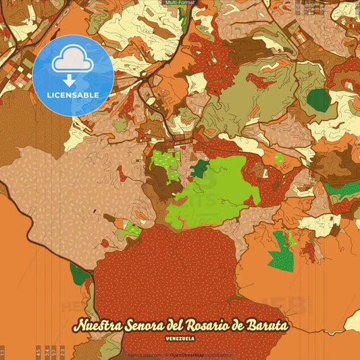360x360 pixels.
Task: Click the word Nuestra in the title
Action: [99, 326]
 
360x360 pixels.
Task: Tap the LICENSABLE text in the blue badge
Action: [73, 95]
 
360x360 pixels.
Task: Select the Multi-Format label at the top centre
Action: [180, 3]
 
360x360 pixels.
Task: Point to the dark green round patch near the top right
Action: [318, 100]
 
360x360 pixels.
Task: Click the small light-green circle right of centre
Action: [279, 159]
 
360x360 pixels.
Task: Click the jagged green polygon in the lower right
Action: [282, 251]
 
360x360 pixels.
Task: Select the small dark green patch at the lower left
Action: [79, 274]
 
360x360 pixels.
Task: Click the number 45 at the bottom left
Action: [38, 351]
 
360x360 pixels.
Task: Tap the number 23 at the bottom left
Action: [62, 351]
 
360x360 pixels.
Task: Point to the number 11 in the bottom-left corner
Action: [3, 351]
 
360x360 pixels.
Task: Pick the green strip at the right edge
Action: [342, 188]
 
